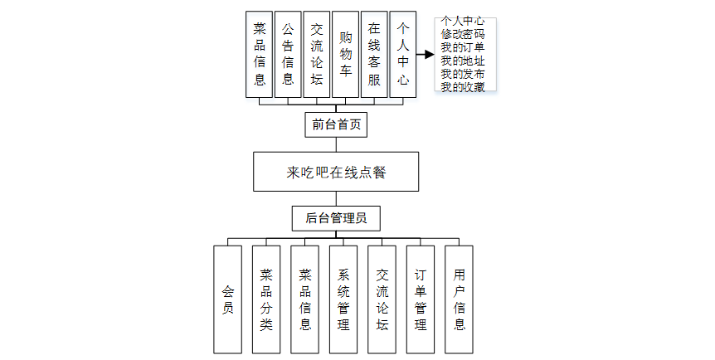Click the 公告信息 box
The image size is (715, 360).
pos(288,55)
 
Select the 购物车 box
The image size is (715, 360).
pos(345,55)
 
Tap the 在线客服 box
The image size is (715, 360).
pos(374,55)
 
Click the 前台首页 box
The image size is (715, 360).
pos(335,125)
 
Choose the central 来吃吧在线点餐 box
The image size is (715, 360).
pos(335,172)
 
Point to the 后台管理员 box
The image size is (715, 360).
pos(336,218)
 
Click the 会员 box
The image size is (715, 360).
pos(227,299)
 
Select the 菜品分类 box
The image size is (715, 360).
pos(265,299)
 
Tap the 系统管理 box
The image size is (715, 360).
pos(343,299)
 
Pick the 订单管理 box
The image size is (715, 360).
pos(421,299)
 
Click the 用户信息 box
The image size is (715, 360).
pos(459,299)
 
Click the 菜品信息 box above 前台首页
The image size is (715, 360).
pos(260,55)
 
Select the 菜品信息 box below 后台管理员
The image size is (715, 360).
pos(304,299)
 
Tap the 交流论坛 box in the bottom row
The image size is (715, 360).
pos(382,299)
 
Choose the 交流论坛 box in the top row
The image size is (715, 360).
pos(316,55)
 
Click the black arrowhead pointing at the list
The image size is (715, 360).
pos(429,55)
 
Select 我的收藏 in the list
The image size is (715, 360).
pos(463,87)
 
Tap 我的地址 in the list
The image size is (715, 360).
pos(463,61)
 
